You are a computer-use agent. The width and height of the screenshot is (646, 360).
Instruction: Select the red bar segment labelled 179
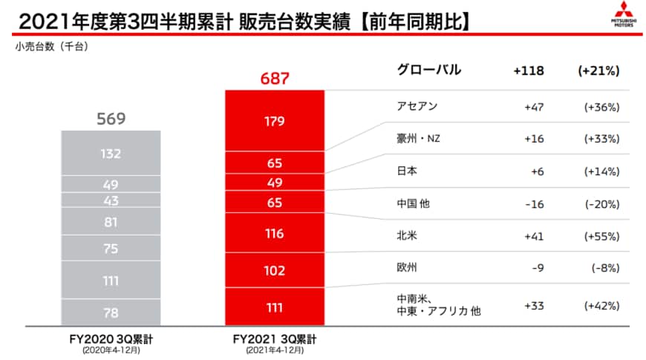[x=274, y=120]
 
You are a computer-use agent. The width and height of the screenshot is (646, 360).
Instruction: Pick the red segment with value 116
[x=274, y=234]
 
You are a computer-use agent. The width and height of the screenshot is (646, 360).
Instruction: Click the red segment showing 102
[x=274, y=271]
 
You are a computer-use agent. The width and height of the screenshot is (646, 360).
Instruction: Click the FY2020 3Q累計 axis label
[x=111, y=338]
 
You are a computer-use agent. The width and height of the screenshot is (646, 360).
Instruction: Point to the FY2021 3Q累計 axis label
[x=274, y=338]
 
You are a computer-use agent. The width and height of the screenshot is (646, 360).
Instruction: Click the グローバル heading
[x=430, y=71]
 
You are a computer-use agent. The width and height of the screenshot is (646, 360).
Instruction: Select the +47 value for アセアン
[x=535, y=107]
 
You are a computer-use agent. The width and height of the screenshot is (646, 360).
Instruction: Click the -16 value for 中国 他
[x=534, y=203]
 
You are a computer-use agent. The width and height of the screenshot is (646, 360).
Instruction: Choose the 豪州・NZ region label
[x=420, y=138]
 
